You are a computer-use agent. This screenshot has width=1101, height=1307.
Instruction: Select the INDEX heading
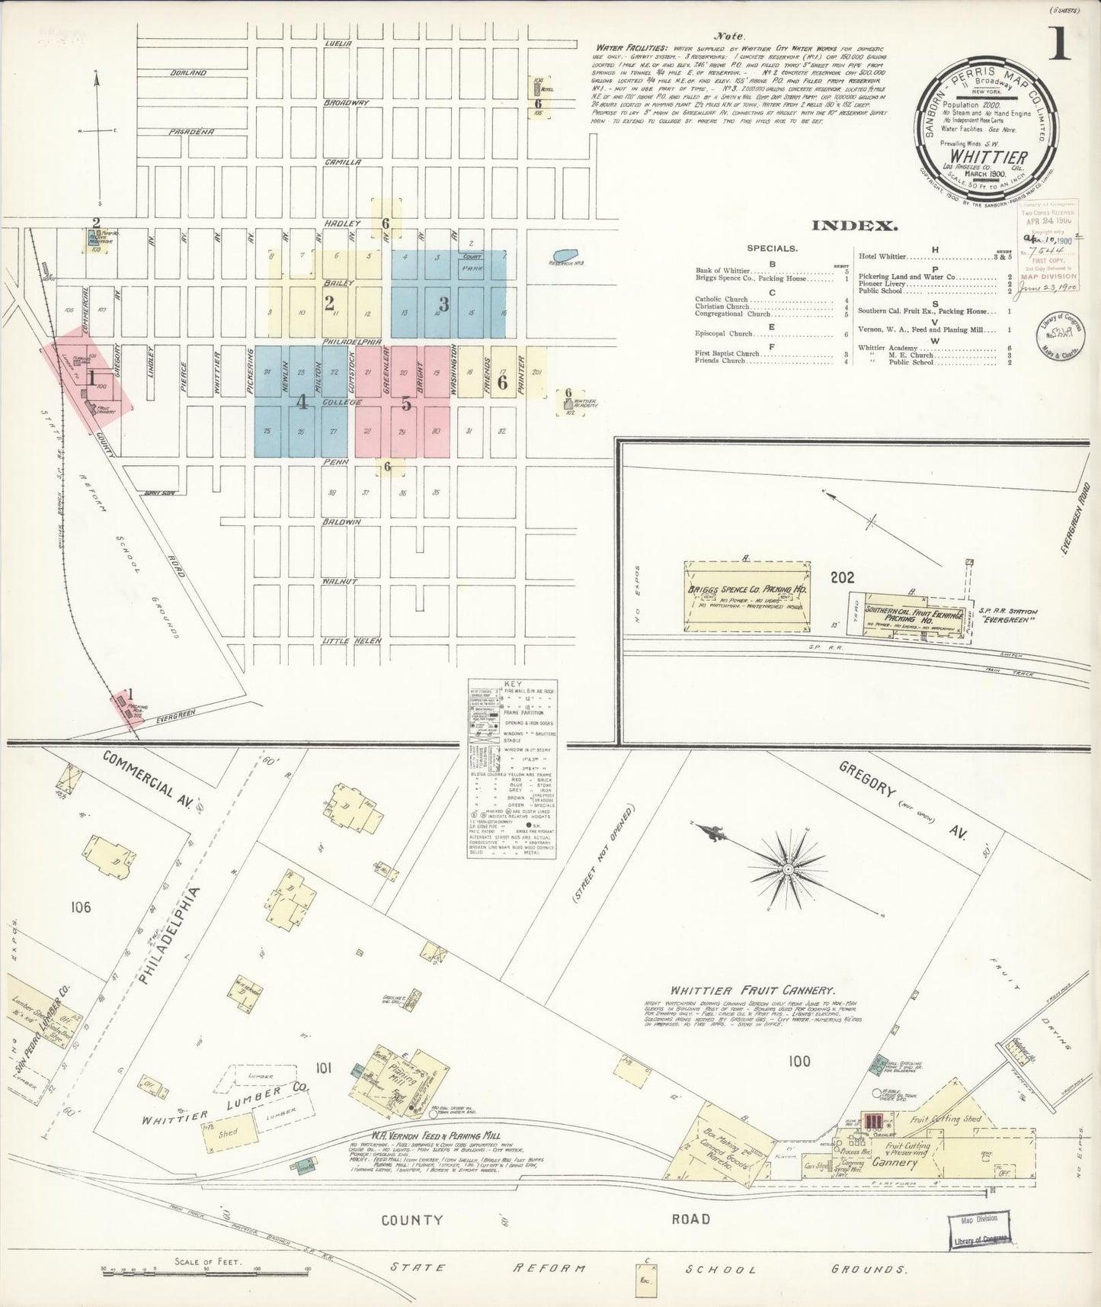[855, 225]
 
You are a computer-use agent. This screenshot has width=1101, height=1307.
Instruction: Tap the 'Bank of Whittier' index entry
[722, 271]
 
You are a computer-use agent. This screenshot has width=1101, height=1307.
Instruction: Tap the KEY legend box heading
[513, 684]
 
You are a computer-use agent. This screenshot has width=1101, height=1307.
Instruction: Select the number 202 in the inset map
[842, 578]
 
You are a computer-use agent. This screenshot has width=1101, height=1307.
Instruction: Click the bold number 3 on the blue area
[443, 304]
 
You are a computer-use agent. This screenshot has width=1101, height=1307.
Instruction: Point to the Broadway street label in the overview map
[347, 102]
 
